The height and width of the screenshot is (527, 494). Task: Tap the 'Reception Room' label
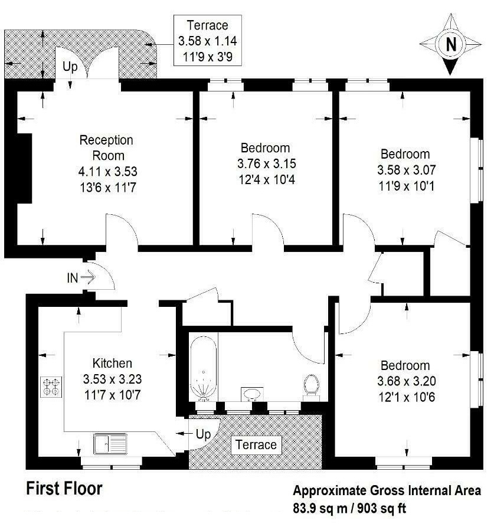pyautogui.click(x=106, y=148)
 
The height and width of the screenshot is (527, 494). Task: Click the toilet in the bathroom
pyautogui.click(x=311, y=386)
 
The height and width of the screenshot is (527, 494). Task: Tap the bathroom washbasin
pyautogui.click(x=253, y=394)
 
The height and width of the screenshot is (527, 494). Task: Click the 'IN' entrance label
pyautogui.click(x=73, y=278)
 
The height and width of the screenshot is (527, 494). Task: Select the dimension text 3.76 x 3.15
pyautogui.click(x=264, y=162)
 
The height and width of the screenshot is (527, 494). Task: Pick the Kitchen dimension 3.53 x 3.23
pyautogui.click(x=112, y=378)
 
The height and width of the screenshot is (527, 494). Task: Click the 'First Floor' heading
pyautogui.click(x=64, y=489)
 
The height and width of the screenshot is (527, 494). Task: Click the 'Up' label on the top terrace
pyautogui.click(x=70, y=67)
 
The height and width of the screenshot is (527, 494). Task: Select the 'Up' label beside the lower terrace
pyautogui.click(x=203, y=435)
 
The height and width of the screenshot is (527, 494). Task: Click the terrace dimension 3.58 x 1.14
pyautogui.click(x=202, y=41)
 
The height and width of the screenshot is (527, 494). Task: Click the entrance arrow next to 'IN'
pyautogui.click(x=88, y=277)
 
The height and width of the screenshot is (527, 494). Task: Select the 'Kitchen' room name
pyautogui.click(x=112, y=364)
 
